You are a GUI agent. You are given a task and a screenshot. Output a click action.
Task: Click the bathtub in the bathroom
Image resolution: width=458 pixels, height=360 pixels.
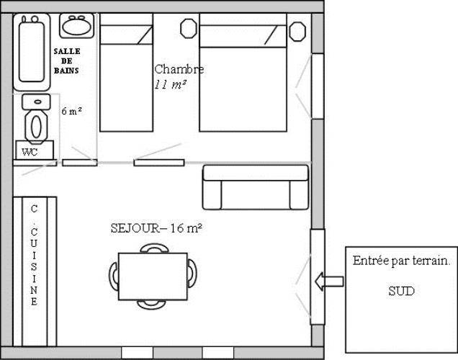32,52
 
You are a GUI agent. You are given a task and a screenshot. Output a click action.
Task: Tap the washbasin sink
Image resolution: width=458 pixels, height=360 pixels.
77,26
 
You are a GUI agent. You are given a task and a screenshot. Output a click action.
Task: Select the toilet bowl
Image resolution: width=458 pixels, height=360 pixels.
36,127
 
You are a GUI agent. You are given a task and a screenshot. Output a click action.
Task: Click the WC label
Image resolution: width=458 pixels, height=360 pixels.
30,152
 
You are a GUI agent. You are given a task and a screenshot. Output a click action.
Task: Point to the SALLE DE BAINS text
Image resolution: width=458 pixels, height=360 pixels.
66,60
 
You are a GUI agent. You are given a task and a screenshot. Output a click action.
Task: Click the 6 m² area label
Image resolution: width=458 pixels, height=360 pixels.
71,111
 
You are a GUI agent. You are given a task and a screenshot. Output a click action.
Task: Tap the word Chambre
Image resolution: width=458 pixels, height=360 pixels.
179,69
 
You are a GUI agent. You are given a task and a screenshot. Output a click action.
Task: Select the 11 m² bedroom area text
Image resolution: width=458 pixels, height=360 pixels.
170,84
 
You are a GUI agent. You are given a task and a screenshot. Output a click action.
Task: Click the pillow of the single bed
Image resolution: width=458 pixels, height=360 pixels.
127,35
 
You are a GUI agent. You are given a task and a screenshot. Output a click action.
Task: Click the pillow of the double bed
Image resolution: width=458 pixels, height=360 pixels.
243,36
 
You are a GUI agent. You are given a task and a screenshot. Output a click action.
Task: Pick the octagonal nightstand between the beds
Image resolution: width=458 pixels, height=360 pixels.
189,28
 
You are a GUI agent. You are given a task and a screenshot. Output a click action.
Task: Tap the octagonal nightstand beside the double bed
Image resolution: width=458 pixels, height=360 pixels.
297,31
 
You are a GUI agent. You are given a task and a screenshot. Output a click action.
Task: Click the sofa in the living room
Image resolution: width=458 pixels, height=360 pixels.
256,187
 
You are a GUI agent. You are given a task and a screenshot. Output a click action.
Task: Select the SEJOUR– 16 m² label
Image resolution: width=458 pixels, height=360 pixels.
156,228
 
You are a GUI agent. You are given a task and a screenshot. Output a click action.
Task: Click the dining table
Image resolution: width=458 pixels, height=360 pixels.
153,276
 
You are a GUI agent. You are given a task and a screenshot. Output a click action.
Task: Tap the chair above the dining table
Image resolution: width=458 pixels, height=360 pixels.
155,248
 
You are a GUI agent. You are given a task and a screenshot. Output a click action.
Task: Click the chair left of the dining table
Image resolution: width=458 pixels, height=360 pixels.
114,276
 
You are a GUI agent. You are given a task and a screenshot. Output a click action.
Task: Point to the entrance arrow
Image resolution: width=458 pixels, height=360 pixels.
329,282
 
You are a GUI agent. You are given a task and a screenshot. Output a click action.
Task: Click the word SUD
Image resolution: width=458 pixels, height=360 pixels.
401,291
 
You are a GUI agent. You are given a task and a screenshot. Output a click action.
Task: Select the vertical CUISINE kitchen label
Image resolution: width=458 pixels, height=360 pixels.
34,255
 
